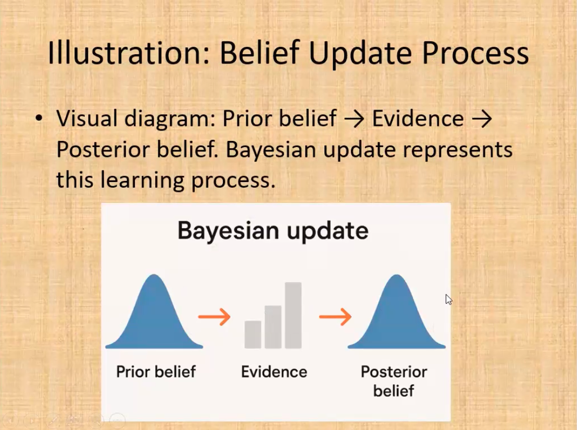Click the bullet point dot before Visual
click(39, 119)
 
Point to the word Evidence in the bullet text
click(418, 119)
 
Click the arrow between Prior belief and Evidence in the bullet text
click(354, 119)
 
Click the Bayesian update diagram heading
click(273, 231)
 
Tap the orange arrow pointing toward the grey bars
click(215, 317)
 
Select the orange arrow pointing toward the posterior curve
click(335, 317)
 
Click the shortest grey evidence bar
click(253, 334)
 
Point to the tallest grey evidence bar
click(293, 315)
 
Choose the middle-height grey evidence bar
click(273, 327)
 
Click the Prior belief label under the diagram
click(156, 372)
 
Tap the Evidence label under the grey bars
click(274, 372)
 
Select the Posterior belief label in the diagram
click(394, 381)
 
